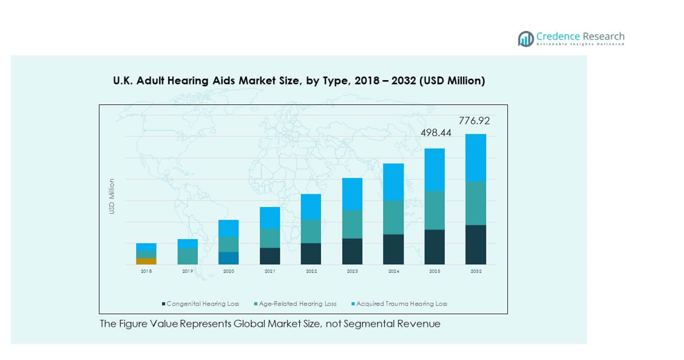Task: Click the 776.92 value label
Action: (x=474, y=121)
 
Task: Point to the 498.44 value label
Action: (x=436, y=133)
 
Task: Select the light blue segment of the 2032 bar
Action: (x=476, y=158)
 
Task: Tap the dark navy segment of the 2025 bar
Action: (x=435, y=247)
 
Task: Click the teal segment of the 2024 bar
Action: (x=393, y=217)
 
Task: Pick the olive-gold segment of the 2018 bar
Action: (x=146, y=261)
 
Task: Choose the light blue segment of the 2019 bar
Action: (x=188, y=243)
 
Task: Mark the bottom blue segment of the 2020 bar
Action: (x=229, y=258)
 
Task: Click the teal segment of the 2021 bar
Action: (x=270, y=238)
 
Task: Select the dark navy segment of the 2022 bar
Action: (x=311, y=254)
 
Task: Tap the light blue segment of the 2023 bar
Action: (x=353, y=194)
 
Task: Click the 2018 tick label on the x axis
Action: (x=146, y=271)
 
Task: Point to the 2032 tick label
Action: (x=476, y=271)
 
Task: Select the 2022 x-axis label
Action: (x=311, y=271)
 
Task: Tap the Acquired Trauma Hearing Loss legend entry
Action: (x=401, y=304)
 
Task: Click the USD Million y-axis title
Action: (x=112, y=196)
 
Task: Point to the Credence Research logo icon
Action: (x=526, y=39)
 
